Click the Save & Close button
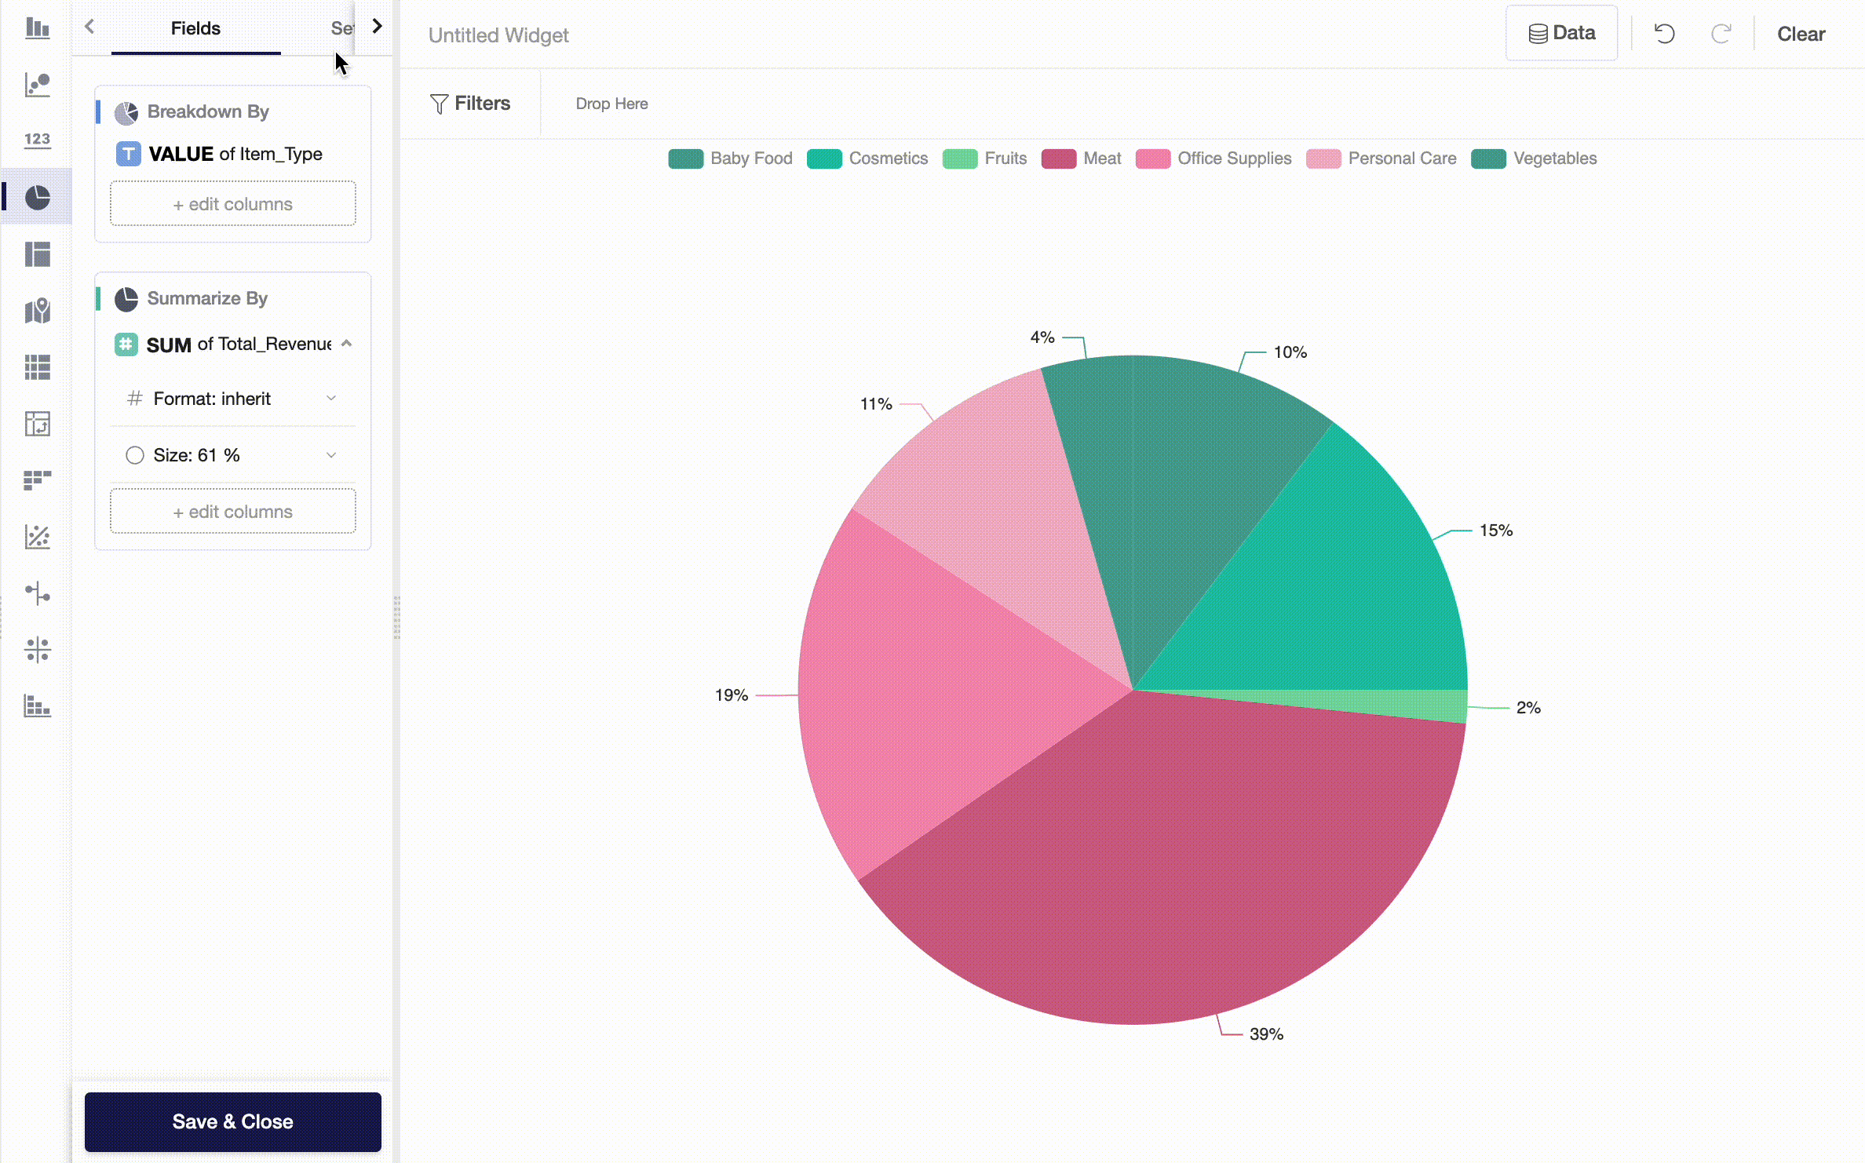pos(232,1121)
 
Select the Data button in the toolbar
pos(1561,33)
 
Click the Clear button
pos(1801,34)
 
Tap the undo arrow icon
pos(1664,34)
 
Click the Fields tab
pos(195,28)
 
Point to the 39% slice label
pos(1265,1034)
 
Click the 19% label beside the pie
pos(731,695)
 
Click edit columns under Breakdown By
pos(232,204)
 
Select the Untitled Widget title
pos(498,35)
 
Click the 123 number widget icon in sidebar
pos(37,140)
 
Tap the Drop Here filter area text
pos(611,104)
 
